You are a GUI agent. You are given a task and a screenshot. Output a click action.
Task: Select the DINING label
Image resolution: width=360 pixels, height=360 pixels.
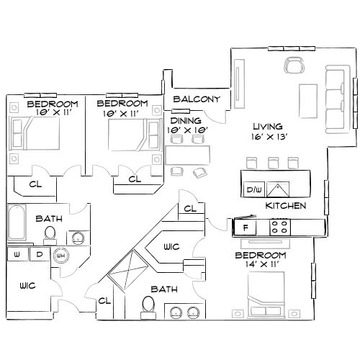coord(185,120)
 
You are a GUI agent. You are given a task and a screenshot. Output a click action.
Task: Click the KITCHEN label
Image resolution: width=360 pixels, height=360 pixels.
coord(286,206)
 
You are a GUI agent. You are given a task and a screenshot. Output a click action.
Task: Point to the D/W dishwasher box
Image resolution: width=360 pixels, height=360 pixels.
coord(253,189)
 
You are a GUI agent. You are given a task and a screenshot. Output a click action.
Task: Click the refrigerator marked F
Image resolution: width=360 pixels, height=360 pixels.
coord(246,228)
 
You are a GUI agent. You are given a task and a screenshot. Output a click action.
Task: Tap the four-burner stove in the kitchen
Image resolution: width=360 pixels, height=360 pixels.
coord(280,228)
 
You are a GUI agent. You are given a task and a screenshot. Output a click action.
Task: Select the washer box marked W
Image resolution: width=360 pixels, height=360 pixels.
coord(17,254)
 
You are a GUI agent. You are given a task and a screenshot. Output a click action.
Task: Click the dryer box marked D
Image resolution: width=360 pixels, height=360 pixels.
coord(40,254)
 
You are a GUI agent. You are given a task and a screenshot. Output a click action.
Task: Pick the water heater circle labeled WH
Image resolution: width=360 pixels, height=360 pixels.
coord(61,255)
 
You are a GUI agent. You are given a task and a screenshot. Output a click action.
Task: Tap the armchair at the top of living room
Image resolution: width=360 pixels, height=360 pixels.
coord(294,66)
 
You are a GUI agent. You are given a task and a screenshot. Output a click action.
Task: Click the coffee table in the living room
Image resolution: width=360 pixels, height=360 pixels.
coord(308,98)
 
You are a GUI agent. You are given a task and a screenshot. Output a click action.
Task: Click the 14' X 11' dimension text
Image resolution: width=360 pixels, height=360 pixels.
coord(265,266)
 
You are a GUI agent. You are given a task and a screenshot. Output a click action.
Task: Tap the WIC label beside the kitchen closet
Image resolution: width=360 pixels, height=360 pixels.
coord(171,247)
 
